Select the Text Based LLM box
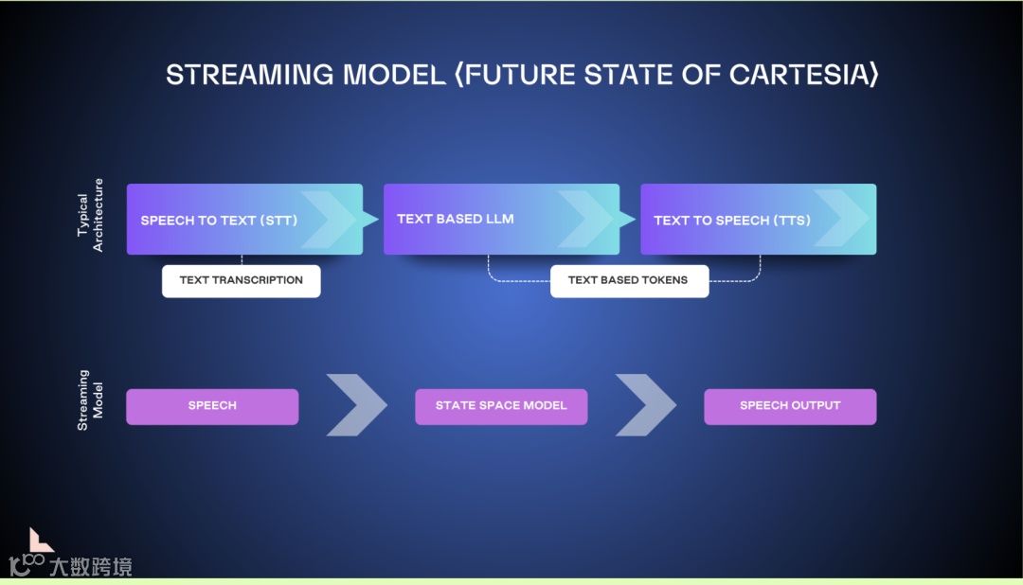tap(501, 220)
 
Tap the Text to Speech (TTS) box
tap(758, 220)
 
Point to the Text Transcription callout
tap(241, 280)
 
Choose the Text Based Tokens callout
tap(629, 280)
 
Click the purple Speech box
tap(212, 406)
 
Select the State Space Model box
tap(501, 406)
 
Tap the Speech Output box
tap(790, 406)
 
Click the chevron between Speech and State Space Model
tap(356, 405)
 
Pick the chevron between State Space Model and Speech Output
tap(645, 405)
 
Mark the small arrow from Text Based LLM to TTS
tap(629, 220)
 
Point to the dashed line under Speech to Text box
tap(242, 259)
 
